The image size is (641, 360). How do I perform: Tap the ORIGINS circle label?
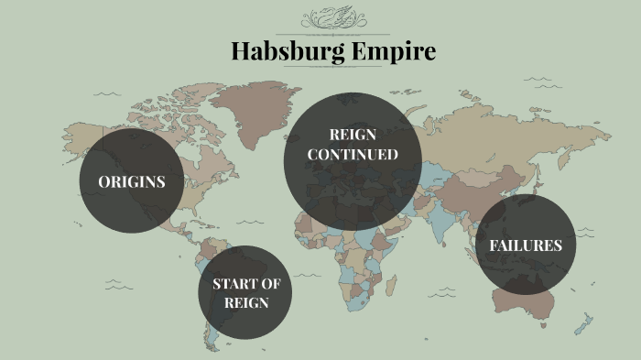click(x=132, y=181)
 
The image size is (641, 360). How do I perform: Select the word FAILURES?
click(x=525, y=245)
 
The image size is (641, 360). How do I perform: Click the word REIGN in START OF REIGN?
click(x=245, y=302)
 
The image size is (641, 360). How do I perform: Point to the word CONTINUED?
click(x=353, y=155)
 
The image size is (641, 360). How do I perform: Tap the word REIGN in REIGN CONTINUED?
click(x=353, y=136)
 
